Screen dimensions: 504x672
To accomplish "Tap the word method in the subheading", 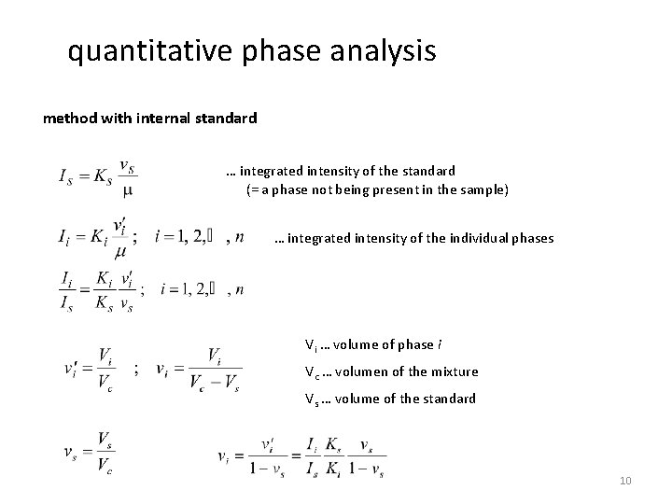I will pos(70,119).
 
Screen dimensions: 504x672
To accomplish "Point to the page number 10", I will pos(624,481).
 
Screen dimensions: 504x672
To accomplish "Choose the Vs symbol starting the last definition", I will pos(314,399).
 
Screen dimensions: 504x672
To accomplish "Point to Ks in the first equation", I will pos(101,175).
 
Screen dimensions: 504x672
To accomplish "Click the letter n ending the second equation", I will pos(242,237).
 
